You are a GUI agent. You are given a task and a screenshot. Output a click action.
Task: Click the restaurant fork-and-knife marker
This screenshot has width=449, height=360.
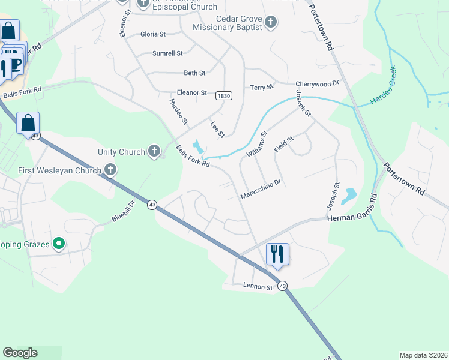click(277, 254)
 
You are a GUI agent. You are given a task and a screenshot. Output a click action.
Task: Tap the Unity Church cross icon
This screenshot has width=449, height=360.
click(154, 151)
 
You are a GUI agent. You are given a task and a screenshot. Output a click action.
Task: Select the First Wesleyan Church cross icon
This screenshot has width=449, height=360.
click(110, 170)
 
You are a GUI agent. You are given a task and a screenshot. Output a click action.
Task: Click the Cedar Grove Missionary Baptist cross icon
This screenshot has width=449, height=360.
click(271, 23)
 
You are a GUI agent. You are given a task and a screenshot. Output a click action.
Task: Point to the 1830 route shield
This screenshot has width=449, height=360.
click(224, 95)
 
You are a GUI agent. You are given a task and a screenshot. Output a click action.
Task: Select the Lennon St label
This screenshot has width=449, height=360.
click(258, 287)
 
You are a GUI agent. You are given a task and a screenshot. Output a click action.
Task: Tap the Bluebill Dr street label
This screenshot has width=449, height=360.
click(124, 212)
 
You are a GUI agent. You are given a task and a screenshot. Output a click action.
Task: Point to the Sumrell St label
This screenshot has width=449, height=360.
click(167, 53)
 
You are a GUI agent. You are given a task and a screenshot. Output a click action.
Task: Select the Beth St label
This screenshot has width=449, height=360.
click(194, 73)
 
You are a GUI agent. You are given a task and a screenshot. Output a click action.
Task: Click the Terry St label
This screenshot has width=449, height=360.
click(261, 88)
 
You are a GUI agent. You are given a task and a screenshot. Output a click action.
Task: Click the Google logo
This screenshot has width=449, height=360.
click(20, 353)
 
